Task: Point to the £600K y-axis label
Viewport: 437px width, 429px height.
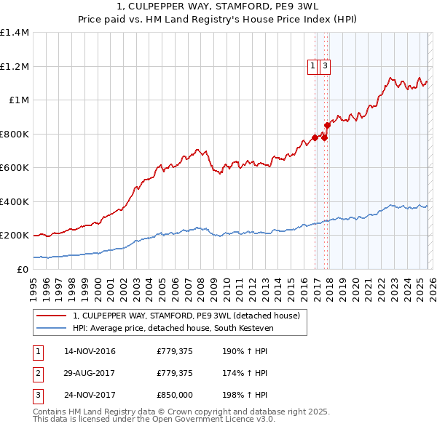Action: click(15, 168)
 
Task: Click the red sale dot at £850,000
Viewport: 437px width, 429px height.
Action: click(327, 125)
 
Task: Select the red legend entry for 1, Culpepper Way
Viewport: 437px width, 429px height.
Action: click(186, 316)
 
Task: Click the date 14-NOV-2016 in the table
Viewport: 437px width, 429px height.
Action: click(90, 352)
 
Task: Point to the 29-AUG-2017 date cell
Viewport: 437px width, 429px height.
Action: click(90, 373)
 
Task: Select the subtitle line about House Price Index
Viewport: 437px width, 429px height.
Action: click(218, 20)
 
